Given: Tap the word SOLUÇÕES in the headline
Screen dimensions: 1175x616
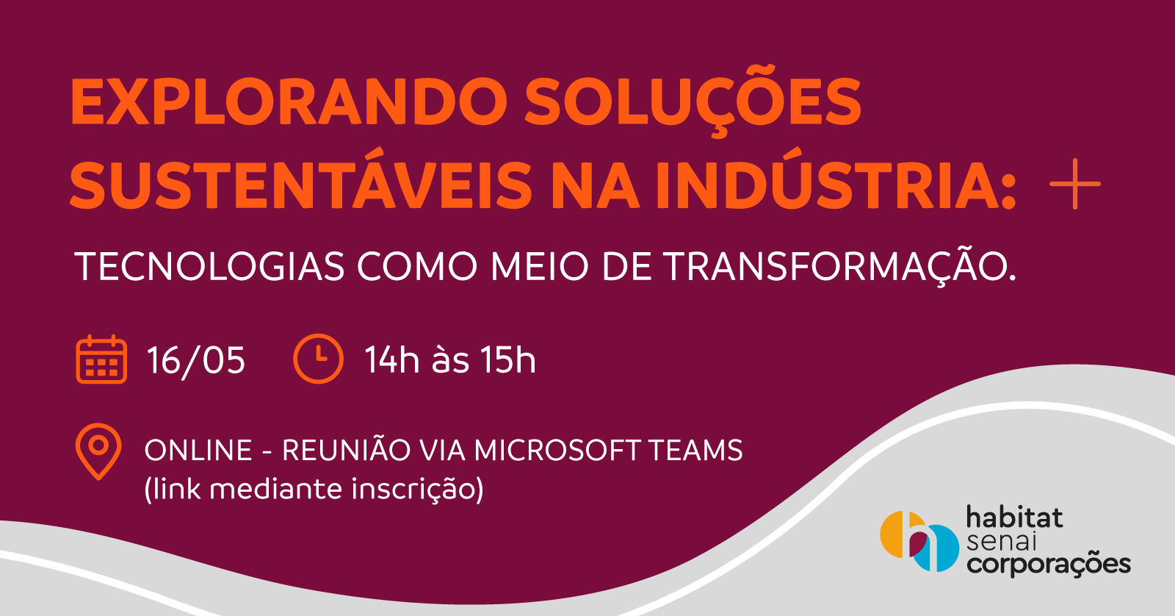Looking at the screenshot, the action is tap(693, 100).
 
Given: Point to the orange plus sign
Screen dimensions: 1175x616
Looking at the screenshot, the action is tap(1075, 184).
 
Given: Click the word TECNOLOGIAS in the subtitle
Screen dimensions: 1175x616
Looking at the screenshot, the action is tap(209, 267).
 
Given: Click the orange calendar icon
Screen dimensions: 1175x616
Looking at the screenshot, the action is tap(101, 359).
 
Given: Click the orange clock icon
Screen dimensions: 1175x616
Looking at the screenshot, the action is tap(318, 359).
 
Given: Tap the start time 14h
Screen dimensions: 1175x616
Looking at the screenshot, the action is tap(392, 360).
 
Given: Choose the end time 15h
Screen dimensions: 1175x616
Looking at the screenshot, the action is tap(509, 360).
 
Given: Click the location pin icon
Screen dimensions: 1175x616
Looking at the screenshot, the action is tap(98, 451).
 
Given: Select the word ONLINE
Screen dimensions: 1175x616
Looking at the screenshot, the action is tap(198, 451).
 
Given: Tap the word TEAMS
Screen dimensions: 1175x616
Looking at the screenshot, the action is tap(695, 451).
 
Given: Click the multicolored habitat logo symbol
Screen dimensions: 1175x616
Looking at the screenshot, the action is tap(919, 541).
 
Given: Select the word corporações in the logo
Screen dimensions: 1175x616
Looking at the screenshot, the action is tap(1049, 565).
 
